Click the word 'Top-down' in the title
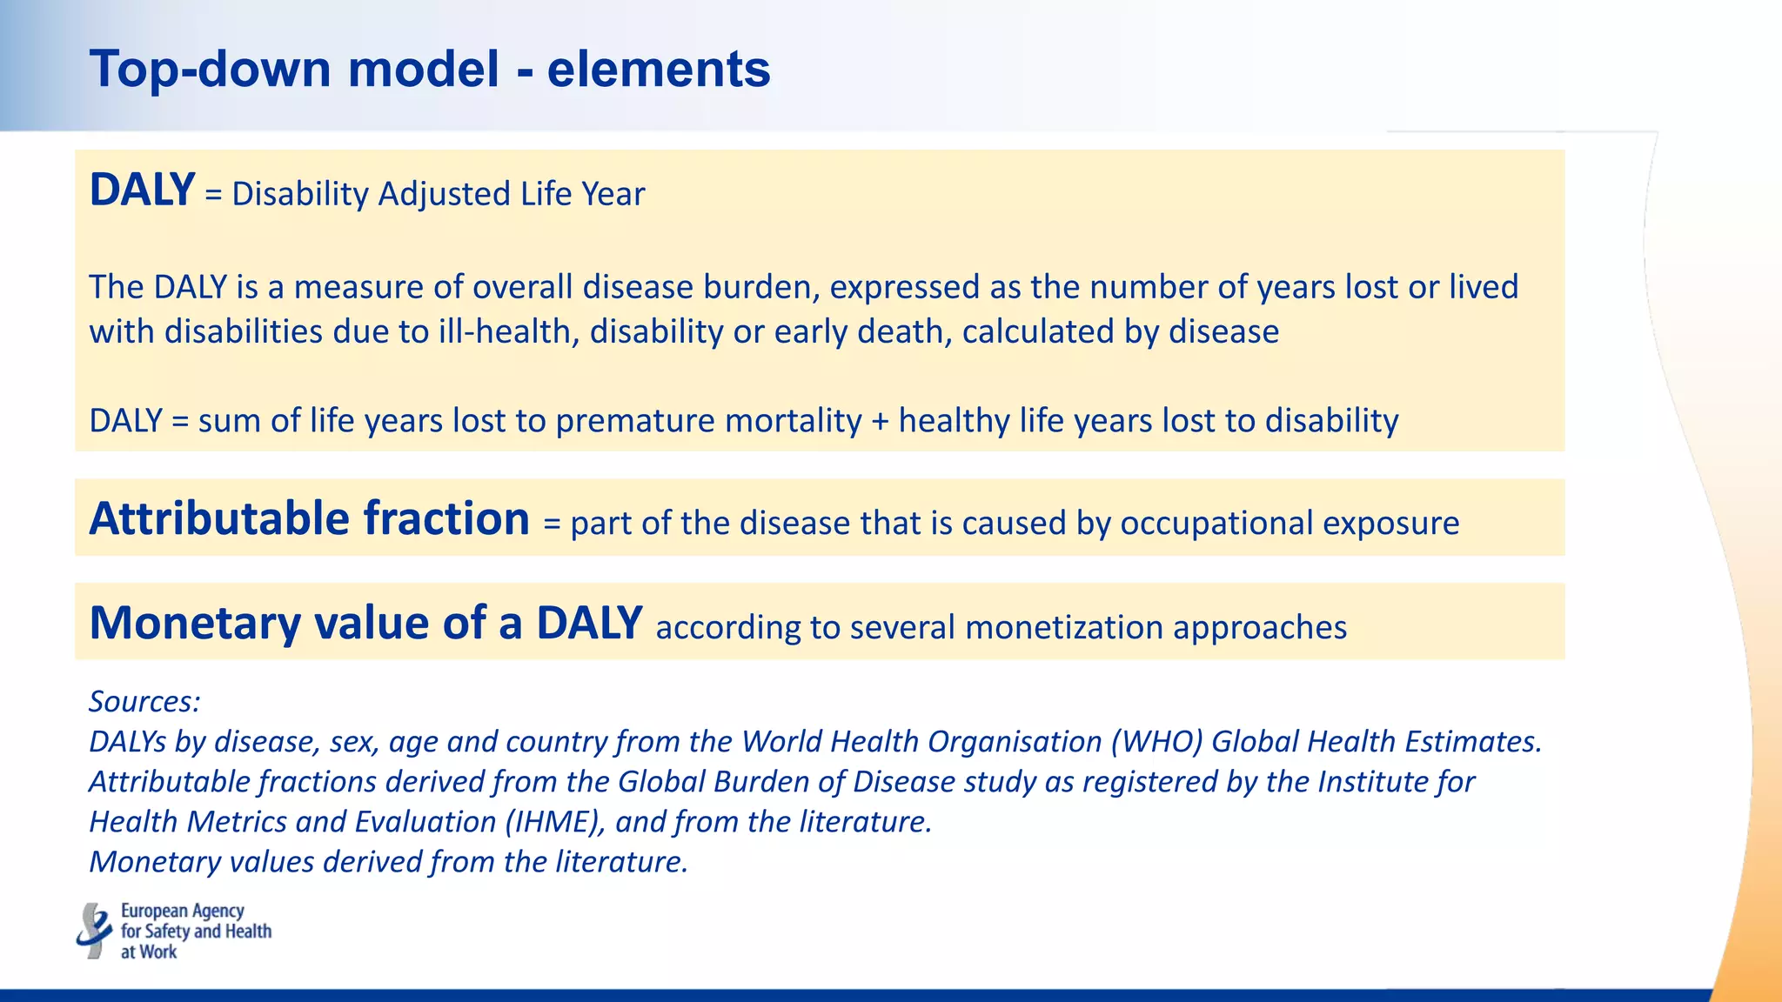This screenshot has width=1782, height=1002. coord(209,70)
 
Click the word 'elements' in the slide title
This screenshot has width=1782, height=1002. coord(659,70)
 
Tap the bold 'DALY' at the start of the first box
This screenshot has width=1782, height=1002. coord(142,190)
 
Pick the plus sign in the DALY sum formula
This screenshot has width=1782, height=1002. coord(881,421)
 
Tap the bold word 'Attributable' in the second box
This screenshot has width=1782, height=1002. coord(219,519)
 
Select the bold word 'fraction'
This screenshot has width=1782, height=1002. coord(446,519)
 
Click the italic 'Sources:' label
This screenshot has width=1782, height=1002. coord(144,701)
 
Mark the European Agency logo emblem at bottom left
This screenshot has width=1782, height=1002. coord(94,931)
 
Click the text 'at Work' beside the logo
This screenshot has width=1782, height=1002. coord(149,952)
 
